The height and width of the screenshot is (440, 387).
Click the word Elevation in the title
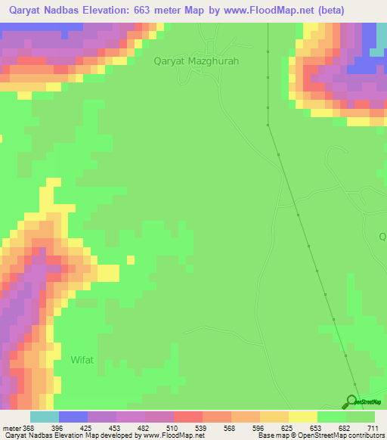(x=104, y=10)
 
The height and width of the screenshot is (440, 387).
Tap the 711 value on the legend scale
(x=373, y=427)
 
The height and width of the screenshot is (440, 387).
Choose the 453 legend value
(x=115, y=427)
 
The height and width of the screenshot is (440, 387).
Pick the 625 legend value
(x=287, y=427)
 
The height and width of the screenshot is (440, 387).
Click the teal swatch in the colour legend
(x=44, y=417)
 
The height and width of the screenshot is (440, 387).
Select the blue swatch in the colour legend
(x=73, y=417)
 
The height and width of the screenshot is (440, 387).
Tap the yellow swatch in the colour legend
(x=302, y=417)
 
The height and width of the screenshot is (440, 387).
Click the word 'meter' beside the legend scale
(x=11, y=427)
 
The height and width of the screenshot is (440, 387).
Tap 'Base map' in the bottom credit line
(x=273, y=435)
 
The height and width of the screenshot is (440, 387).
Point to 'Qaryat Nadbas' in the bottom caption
(x=24, y=435)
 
